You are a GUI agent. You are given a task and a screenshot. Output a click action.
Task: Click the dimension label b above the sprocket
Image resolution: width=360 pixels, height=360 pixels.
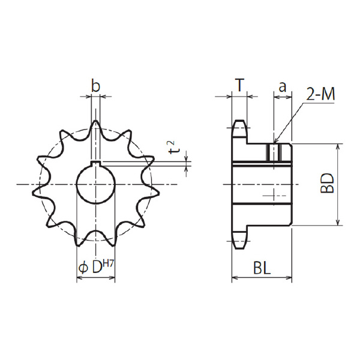[95, 85]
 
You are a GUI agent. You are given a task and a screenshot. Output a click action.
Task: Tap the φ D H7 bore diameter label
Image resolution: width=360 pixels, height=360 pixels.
[96, 268]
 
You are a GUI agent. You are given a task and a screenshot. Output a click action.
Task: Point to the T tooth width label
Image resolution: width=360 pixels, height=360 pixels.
[239, 85]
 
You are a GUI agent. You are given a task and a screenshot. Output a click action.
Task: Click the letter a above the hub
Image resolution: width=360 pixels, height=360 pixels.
[283, 87]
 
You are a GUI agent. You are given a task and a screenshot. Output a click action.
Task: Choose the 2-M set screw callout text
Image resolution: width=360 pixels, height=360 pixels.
[320, 94]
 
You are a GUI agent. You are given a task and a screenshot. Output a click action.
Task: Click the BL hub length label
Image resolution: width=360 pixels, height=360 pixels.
[262, 268]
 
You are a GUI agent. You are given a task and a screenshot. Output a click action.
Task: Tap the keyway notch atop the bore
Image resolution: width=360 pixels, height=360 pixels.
[96, 163]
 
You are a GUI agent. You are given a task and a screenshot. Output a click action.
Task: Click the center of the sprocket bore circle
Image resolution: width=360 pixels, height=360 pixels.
[96, 184]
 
